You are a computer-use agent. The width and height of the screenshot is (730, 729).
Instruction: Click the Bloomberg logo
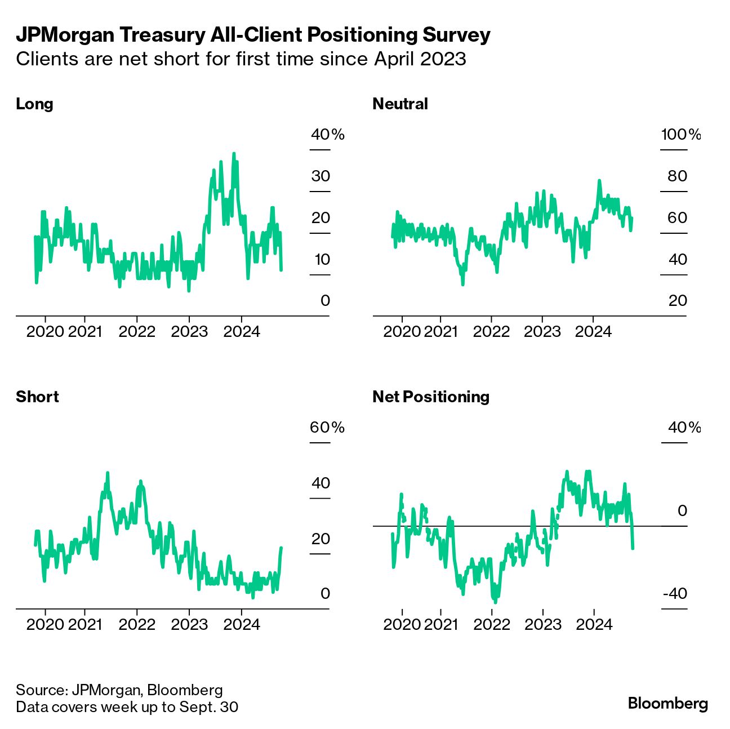667,703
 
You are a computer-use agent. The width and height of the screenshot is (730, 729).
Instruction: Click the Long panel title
34,104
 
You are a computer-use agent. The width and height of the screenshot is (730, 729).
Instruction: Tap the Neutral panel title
400,104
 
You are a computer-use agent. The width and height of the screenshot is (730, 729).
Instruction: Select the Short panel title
37,397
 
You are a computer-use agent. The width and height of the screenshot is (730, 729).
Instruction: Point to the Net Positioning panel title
431,397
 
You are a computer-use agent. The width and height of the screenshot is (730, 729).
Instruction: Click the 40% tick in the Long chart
327,135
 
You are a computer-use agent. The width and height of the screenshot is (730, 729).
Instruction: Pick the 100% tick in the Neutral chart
680,135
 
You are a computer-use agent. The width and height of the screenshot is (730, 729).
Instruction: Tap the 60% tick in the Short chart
327,428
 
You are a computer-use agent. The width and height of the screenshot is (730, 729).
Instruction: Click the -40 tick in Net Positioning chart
675,593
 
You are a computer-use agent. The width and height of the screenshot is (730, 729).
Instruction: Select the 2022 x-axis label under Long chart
137,331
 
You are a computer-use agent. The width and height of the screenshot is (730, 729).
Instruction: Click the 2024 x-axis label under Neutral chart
593,331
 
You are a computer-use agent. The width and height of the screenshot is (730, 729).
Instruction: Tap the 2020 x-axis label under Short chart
45,624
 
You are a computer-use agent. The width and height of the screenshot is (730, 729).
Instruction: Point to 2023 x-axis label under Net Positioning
543,624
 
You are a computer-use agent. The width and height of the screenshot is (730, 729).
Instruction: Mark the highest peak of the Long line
234,153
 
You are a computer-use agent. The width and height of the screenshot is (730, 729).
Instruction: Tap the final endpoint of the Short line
281,548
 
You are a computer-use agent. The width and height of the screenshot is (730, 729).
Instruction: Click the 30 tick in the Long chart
321,176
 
